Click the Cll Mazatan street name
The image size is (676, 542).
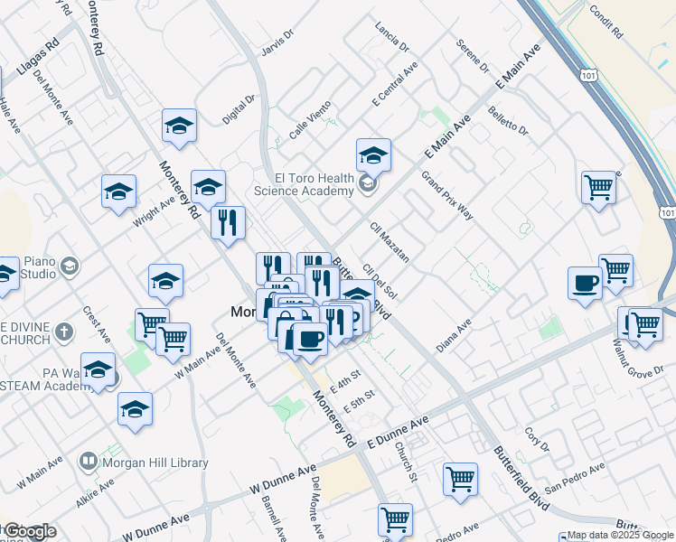(390, 241)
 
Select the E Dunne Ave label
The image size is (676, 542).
(398, 428)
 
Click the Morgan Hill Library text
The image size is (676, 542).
(156, 463)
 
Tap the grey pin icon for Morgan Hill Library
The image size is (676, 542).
(89, 462)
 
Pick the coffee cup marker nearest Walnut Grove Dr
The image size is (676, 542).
(585, 283)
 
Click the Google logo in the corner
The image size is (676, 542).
(28, 532)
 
